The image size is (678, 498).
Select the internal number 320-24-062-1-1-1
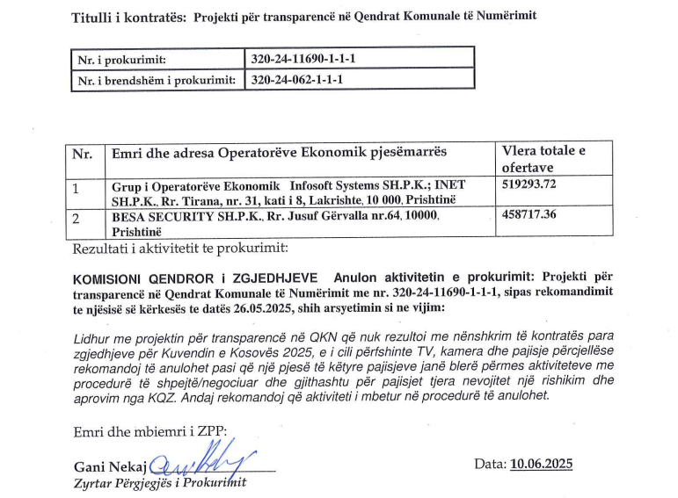[299, 79]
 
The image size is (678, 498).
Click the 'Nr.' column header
[83, 153]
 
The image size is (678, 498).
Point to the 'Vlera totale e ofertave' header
[543, 159]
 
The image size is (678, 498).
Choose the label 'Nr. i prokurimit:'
[122, 60]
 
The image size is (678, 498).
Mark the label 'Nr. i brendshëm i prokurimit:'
[157, 80]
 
